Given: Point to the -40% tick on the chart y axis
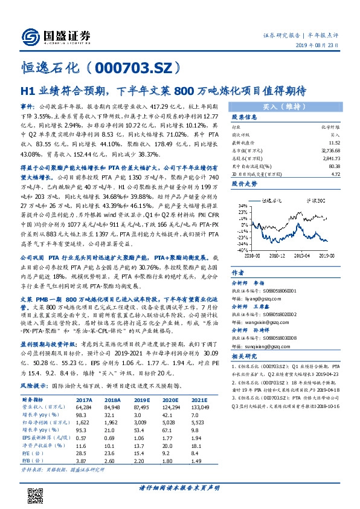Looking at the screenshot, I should point(243,249).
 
